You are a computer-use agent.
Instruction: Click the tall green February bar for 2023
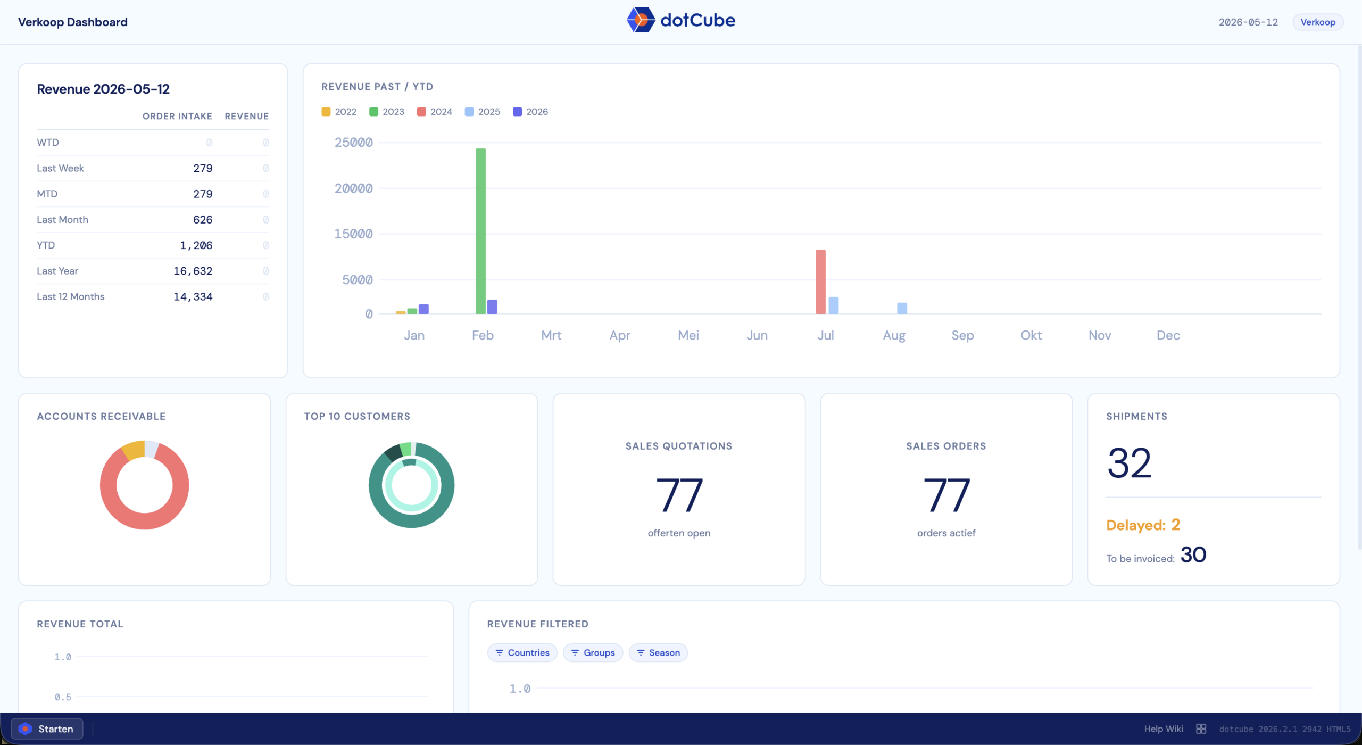[x=480, y=231]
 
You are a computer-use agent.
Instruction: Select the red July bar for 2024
[x=820, y=282]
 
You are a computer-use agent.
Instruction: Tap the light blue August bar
[x=902, y=308]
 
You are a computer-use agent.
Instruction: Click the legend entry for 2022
[x=339, y=112]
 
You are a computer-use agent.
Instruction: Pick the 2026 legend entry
[x=530, y=112]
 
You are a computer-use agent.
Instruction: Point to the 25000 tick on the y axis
[x=353, y=142]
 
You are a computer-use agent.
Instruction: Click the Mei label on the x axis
[x=688, y=335]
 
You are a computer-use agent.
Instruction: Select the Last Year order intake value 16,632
[x=193, y=271]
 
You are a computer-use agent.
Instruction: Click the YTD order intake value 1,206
[x=196, y=245]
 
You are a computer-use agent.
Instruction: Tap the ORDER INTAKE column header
[x=177, y=116]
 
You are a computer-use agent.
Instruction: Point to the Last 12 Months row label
[x=71, y=296]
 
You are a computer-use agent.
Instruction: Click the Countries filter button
[x=522, y=652]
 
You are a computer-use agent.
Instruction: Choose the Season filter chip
[x=658, y=652]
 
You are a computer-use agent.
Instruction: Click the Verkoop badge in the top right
[x=1318, y=22]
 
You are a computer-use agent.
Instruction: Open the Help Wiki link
[x=1164, y=729]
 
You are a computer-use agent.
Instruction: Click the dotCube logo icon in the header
[x=641, y=20]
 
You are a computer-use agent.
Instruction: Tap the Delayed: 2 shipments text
[x=1143, y=525]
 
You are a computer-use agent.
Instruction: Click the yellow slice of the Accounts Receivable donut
[x=133, y=450]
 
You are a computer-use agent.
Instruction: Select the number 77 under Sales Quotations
[x=679, y=495]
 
